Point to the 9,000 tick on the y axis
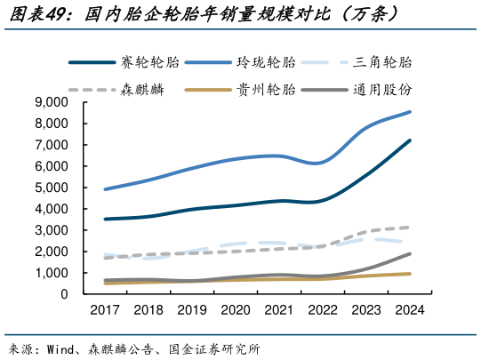(52, 102)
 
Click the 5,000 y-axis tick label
(52, 188)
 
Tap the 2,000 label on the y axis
(52, 252)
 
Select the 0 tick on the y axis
(65, 294)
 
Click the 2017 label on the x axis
(105, 310)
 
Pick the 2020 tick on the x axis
(235, 310)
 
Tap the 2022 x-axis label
(322, 310)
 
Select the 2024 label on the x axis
(409, 310)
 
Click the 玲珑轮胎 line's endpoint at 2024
(409, 112)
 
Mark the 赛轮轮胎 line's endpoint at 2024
(409, 140)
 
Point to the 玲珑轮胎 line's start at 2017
(105, 189)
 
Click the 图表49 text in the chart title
(32, 15)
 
